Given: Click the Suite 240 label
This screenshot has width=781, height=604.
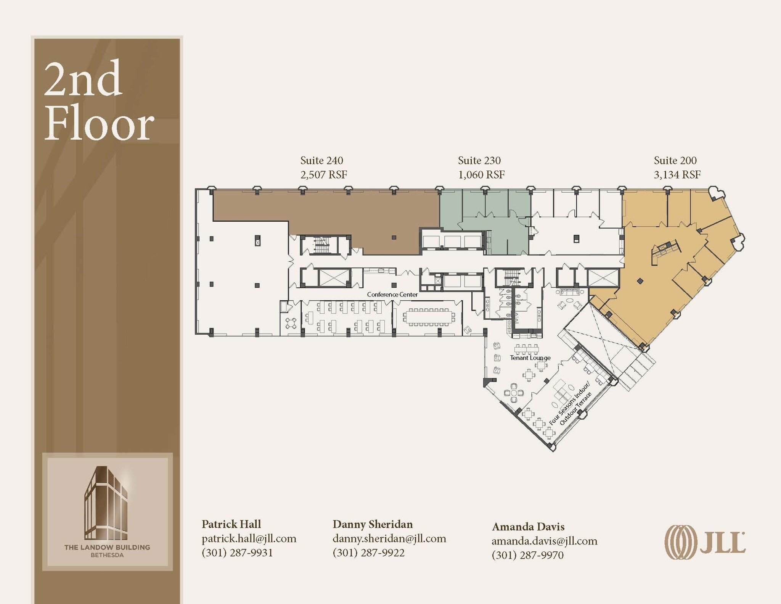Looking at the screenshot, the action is pyautogui.click(x=321, y=160).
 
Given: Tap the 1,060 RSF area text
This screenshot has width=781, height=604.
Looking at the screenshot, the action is pyautogui.click(x=481, y=175).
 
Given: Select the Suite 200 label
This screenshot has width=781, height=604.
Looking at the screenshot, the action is pyautogui.click(x=675, y=160).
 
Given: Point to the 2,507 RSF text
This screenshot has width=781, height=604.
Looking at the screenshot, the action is pyautogui.click(x=324, y=175).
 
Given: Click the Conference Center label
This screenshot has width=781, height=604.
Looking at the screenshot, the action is pyautogui.click(x=392, y=295).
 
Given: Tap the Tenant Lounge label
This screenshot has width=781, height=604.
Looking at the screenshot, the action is pyautogui.click(x=530, y=358).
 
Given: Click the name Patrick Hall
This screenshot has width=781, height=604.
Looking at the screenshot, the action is pyautogui.click(x=231, y=524).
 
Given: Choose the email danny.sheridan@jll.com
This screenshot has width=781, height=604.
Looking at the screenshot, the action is pyautogui.click(x=389, y=538).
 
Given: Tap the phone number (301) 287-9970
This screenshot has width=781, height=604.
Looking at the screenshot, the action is pyautogui.click(x=528, y=555).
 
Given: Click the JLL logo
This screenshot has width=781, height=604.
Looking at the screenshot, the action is pyautogui.click(x=705, y=542).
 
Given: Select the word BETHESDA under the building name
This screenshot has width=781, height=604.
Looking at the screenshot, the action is pyautogui.click(x=107, y=555).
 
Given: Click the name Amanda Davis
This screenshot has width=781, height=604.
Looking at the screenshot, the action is pyautogui.click(x=528, y=527).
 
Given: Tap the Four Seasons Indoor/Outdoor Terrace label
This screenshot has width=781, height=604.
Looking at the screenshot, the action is pyautogui.click(x=570, y=408).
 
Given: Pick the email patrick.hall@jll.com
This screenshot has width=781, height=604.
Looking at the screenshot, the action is pyautogui.click(x=249, y=538).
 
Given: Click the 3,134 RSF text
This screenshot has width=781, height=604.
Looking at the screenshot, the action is pyautogui.click(x=677, y=175).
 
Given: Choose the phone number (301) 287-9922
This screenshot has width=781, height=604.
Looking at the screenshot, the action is pyautogui.click(x=368, y=552).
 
